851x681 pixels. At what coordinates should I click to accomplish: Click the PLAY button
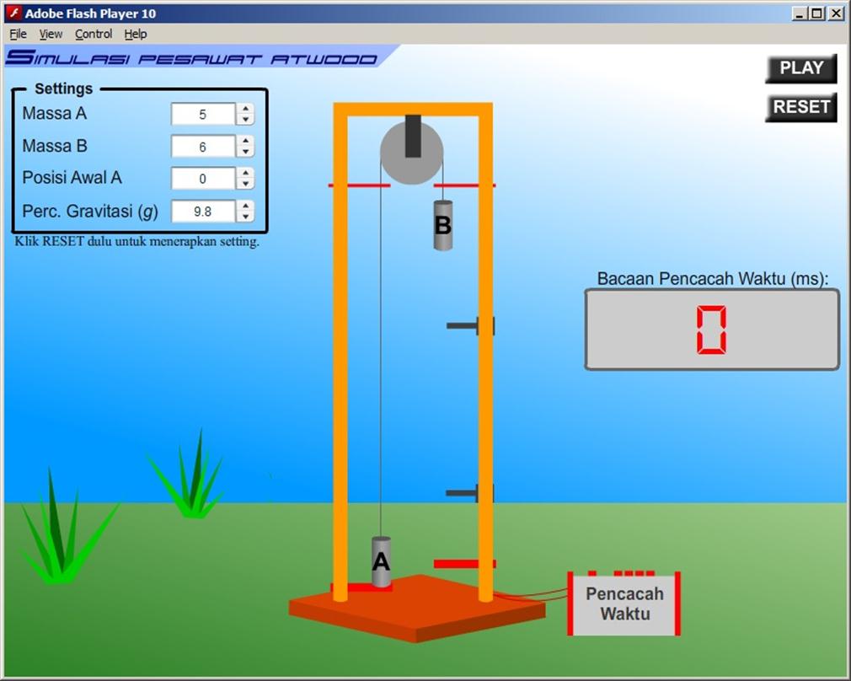pos(800,68)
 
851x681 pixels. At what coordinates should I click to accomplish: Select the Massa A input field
pos(202,115)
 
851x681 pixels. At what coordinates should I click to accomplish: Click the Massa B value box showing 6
pos(202,147)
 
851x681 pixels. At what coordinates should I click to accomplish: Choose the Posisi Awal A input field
pos(202,179)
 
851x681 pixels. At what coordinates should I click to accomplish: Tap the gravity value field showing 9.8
pos(202,212)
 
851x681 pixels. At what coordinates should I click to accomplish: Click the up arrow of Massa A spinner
pos(245,109)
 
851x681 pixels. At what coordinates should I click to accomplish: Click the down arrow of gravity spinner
pos(245,217)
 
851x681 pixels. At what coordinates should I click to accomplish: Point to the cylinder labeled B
pos(442,225)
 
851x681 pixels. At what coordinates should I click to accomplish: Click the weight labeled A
pos(382,561)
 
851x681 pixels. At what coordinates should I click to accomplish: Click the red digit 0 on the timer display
pos(711,330)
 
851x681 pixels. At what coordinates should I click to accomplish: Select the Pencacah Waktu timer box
pos(624,603)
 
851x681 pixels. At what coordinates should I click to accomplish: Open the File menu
pos(18,34)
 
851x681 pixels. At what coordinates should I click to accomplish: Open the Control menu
pos(94,34)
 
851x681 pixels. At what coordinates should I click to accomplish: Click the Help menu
pos(136,34)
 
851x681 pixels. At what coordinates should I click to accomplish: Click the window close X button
pos(836,13)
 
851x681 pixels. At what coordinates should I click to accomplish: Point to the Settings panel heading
pos(63,88)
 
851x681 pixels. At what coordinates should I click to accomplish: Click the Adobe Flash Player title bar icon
pos(13,13)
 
